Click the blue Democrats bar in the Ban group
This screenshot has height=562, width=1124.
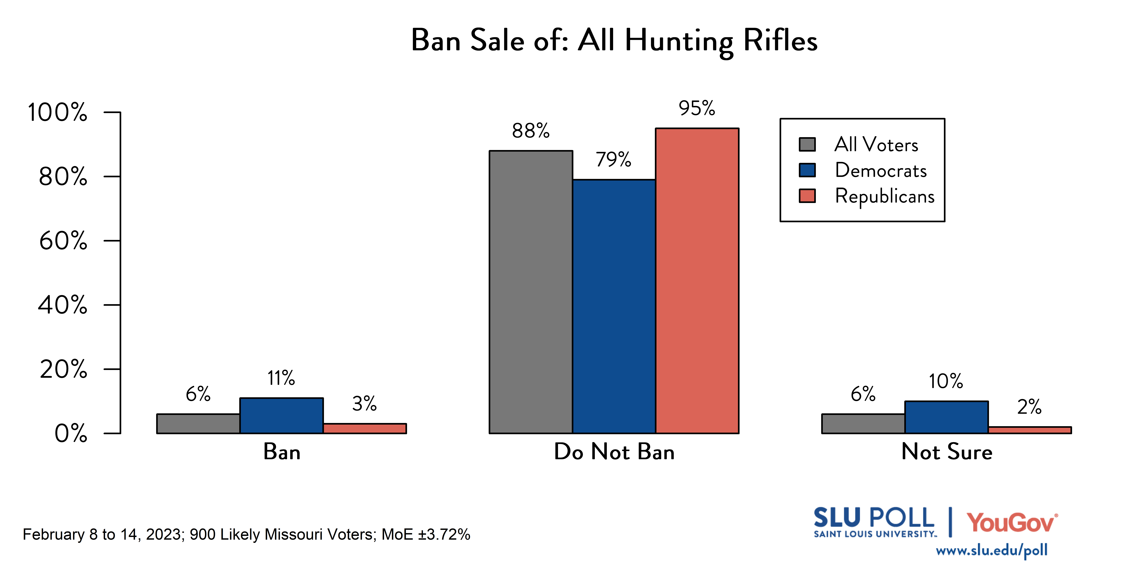coord(281,415)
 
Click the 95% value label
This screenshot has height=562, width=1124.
coord(697,108)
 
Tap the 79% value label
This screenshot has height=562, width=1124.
coord(614,160)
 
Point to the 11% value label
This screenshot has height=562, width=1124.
coord(281,378)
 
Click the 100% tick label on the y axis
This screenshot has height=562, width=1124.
coord(57,113)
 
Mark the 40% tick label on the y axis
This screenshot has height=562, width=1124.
coord(62,305)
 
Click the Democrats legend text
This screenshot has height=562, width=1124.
coord(880,170)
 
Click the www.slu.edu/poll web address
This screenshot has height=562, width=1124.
coord(991,550)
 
